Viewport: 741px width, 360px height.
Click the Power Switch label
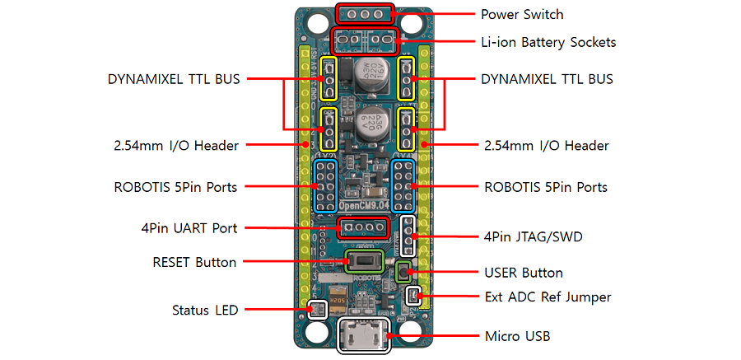tap(522, 14)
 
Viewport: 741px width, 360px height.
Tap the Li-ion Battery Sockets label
tap(548, 41)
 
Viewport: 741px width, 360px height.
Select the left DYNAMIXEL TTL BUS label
tap(174, 79)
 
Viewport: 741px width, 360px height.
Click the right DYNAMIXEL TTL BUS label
tap(547, 79)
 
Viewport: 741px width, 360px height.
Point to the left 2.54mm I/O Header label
tap(176, 146)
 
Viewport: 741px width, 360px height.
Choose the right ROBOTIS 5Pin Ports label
tap(546, 187)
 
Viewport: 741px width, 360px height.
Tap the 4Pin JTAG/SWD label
tap(534, 238)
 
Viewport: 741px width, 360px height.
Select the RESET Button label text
tap(194, 263)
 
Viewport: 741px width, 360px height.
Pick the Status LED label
tap(205, 311)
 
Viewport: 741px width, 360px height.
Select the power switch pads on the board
tap(365, 14)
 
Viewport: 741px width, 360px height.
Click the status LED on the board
tap(315, 311)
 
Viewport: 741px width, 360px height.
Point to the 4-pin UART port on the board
tap(363, 227)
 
